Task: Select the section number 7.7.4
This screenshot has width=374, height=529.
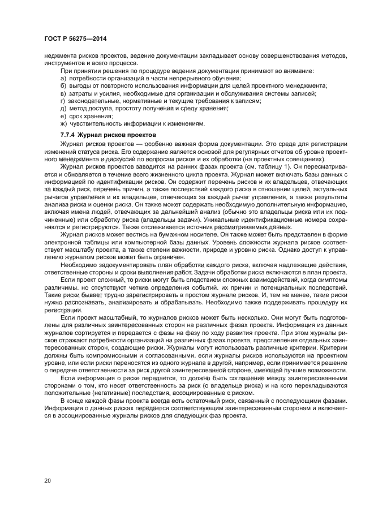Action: click(x=68, y=136)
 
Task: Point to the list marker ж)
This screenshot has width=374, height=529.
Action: click(x=63, y=123)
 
